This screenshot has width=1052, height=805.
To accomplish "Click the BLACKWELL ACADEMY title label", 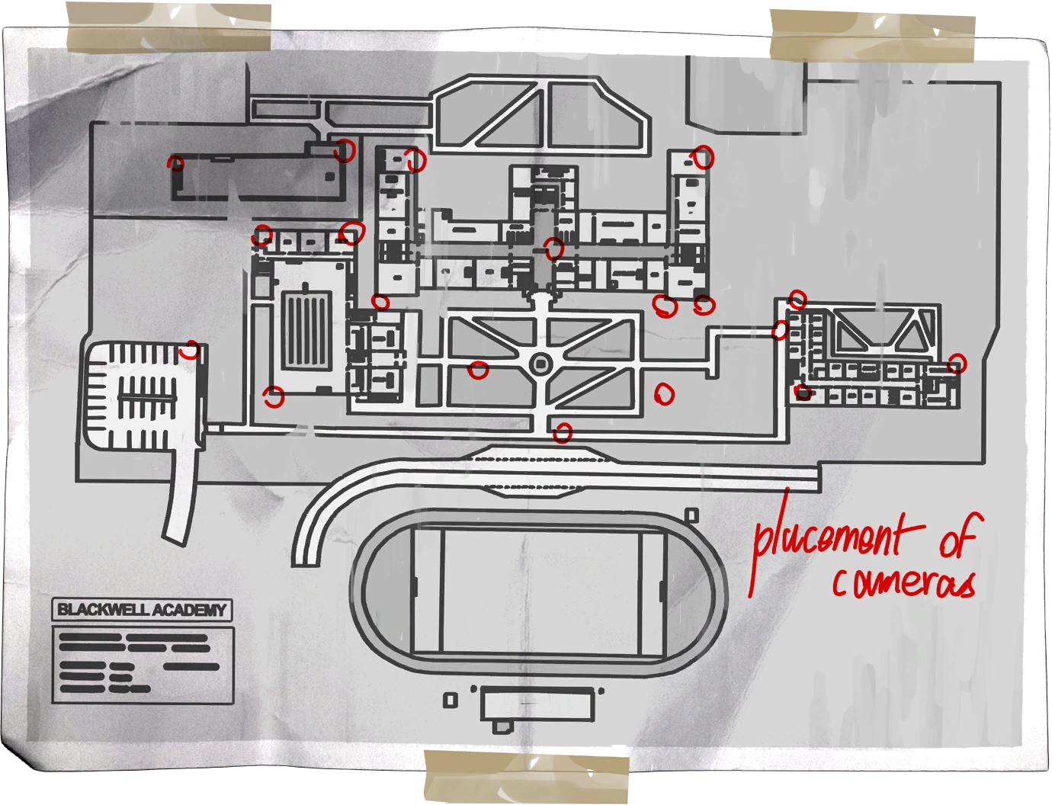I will pyautogui.click(x=143, y=610).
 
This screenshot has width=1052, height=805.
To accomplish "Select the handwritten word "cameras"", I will pyautogui.click(x=903, y=583).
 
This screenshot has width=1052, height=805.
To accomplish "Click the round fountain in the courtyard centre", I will pyautogui.click(x=540, y=364).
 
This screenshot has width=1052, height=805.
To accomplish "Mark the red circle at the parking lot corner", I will pyautogui.click(x=190, y=351).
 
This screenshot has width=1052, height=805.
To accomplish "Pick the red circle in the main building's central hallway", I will pyautogui.click(x=553, y=247).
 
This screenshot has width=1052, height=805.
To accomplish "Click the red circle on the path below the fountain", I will pyautogui.click(x=563, y=433).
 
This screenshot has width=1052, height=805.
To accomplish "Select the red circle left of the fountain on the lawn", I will pyautogui.click(x=478, y=370).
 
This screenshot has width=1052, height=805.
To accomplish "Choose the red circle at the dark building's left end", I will pyautogui.click(x=176, y=163).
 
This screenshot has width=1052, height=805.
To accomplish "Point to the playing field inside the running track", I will pyautogui.click(x=540, y=592).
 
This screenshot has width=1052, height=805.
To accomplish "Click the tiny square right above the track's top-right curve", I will pyautogui.click(x=691, y=515).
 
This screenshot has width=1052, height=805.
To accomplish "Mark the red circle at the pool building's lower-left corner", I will pyautogui.click(x=273, y=396).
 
